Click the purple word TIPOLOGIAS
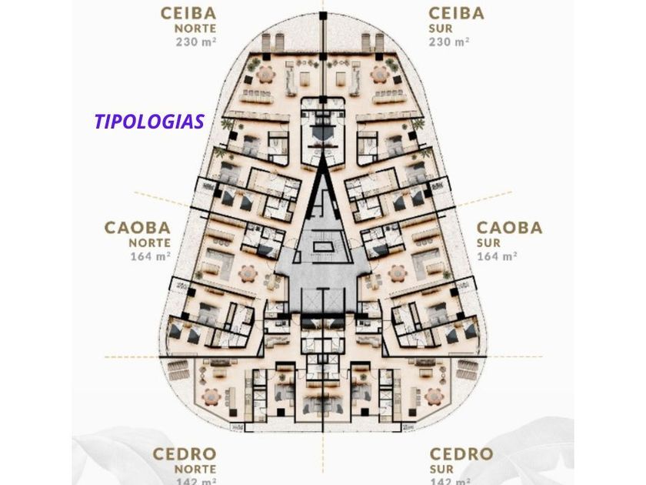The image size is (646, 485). pyautogui.click(x=149, y=122)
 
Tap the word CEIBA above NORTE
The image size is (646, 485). pyautogui.click(x=188, y=13)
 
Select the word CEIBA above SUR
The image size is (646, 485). pyautogui.click(x=457, y=13)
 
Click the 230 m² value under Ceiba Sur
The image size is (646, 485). pyautogui.click(x=449, y=42)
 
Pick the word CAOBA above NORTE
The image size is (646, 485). pyautogui.click(x=137, y=228)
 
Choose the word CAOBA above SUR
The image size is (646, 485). pyautogui.click(x=509, y=228)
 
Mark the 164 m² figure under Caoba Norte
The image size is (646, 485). pyautogui.click(x=150, y=256)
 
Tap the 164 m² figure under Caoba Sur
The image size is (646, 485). pyautogui.click(x=497, y=256)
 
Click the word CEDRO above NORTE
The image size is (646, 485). pyautogui.click(x=185, y=454)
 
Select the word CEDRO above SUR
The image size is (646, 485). pyautogui.click(x=461, y=454)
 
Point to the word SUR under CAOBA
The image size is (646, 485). pyautogui.click(x=489, y=242)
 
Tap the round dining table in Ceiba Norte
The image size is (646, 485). pyautogui.click(x=265, y=74)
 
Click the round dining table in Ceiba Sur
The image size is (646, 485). pyautogui.click(x=380, y=74)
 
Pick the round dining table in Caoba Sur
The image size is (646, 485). pyautogui.click(x=398, y=273)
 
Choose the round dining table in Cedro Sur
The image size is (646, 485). pyautogui.click(x=435, y=396)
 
